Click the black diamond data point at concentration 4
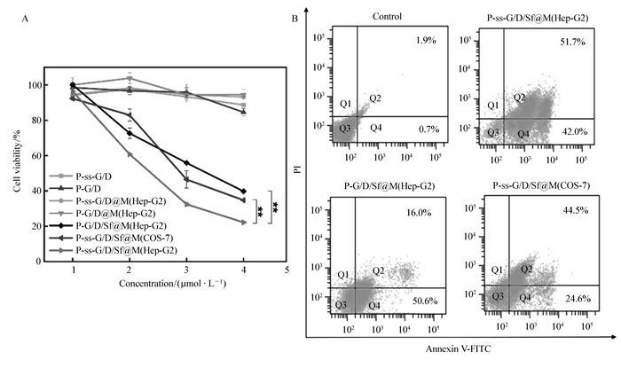243,192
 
